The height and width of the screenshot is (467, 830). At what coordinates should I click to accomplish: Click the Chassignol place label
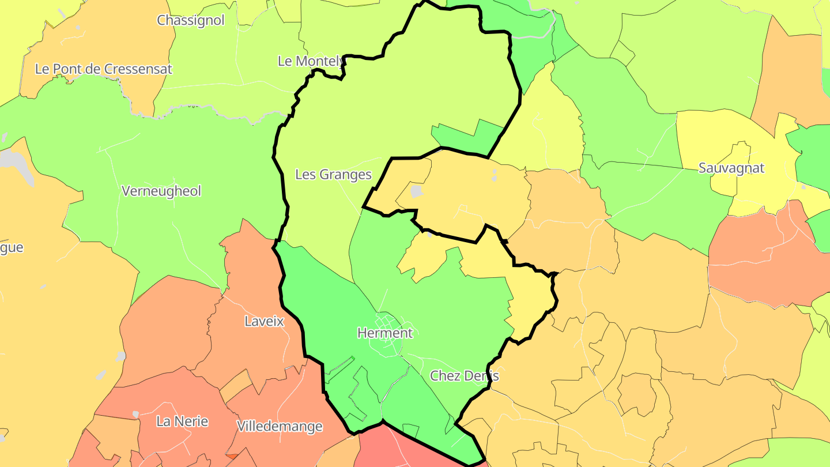[x=190, y=20]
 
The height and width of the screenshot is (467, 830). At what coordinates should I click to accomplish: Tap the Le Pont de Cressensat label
[x=104, y=69]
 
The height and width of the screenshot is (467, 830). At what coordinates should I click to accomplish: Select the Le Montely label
[x=310, y=61]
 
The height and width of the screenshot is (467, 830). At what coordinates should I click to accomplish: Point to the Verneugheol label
[x=161, y=191]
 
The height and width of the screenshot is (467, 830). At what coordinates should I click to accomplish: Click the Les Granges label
[x=333, y=174]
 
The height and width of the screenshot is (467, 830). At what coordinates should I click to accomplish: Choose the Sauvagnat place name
[x=731, y=168]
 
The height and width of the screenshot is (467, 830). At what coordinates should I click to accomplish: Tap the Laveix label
[x=264, y=321]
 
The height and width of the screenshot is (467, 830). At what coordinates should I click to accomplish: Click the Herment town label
[x=384, y=333]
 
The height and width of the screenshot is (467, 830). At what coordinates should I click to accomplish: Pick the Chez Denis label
[x=464, y=376]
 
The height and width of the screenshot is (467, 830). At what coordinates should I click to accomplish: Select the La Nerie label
[x=182, y=421]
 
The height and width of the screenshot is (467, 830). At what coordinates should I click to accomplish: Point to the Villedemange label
[x=280, y=427]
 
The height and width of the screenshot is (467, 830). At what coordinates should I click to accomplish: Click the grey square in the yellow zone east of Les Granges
[x=417, y=191]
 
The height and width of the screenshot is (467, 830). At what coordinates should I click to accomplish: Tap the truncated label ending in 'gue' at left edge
[x=12, y=247]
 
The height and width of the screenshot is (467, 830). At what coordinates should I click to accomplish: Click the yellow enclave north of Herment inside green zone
[x=427, y=257]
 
